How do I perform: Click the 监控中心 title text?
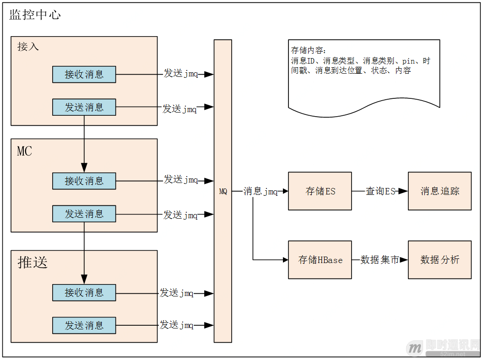(35, 15)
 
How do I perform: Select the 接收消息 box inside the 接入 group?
(84, 74)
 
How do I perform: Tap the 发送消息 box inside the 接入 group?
(84, 107)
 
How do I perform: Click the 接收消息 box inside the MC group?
(84, 181)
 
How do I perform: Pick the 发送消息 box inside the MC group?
(84, 214)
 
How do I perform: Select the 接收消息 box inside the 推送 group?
(84, 292)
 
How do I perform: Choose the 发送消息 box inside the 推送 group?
(84, 325)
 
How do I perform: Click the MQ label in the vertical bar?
(223, 192)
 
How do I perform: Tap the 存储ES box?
(320, 191)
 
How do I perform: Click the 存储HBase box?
(320, 260)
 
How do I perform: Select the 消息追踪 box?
(440, 191)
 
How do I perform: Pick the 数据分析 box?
(440, 260)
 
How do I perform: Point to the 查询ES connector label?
(380, 191)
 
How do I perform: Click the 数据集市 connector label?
(380, 260)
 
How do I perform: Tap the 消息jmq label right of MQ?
(260, 191)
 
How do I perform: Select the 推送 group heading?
(33, 262)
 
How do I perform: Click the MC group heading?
(25, 151)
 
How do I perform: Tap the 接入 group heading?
(28, 47)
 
